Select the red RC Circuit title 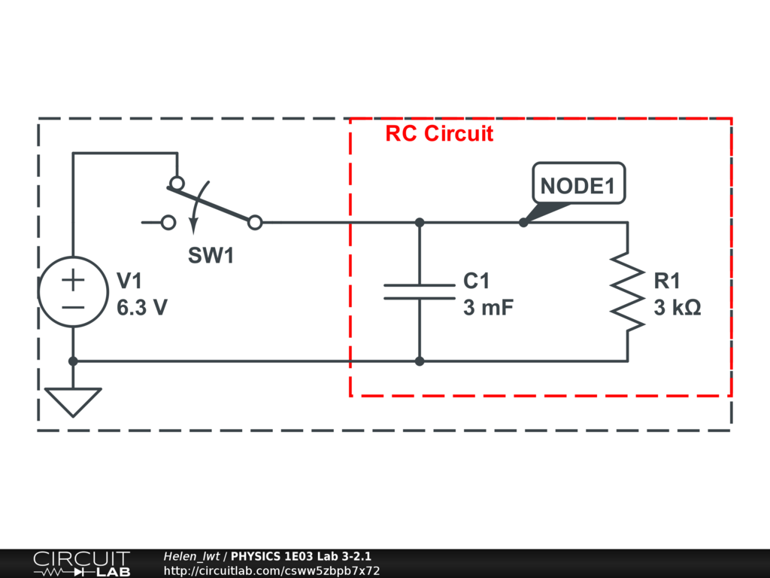439,134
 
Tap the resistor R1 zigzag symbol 627,291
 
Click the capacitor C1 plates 420,292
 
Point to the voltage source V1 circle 73,292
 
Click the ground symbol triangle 73,401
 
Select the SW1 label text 211,256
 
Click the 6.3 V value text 142,308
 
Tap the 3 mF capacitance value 488,308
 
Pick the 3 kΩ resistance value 677,308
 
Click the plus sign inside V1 73,280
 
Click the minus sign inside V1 73,306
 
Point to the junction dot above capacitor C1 420,223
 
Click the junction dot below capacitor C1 420,361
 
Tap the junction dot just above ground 73,361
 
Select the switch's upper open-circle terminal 177,183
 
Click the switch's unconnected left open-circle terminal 169,223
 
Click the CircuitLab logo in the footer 80,564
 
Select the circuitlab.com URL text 271,570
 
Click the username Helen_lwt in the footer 191,557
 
